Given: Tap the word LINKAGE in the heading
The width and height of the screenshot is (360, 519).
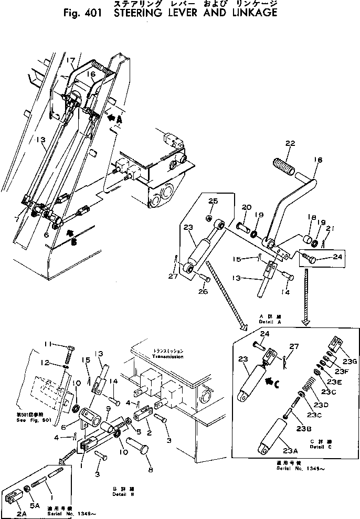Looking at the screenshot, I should pyautogui.click(x=252, y=12).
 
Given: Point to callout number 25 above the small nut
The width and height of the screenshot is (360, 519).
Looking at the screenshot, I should pyautogui.click(x=213, y=201).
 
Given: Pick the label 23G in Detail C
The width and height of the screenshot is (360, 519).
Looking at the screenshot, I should pyautogui.click(x=350, y=362).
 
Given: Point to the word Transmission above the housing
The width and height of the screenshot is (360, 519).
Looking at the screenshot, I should pyautogui.click(x=168, y=357).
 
